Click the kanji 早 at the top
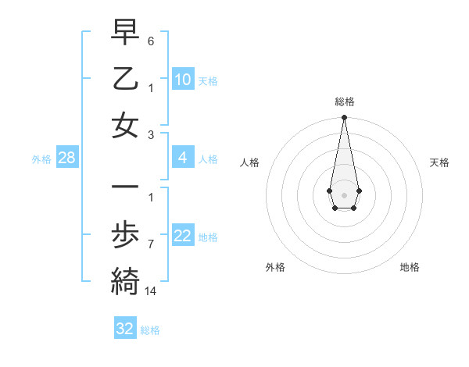click(x=125, y=33)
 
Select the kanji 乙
click(x=125, y=79)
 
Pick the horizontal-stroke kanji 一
click(x=125, y=187)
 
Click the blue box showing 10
click(x=183, y=80)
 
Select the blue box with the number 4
click(x=183, y=158)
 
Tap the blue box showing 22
click(x=183, y=236)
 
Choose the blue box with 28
click(x=67, y=159)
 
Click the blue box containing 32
click(x=125, y=329)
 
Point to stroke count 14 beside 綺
click(x=152, y=291)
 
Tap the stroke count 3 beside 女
click(x=151, y=134)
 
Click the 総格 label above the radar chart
click(x=345, y=102)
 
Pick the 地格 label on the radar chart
click(x=410, y=267)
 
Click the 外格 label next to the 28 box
click(x=41, y=159)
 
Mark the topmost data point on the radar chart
click(x=344, y=118)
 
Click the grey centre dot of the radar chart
click(x=344, y=194)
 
